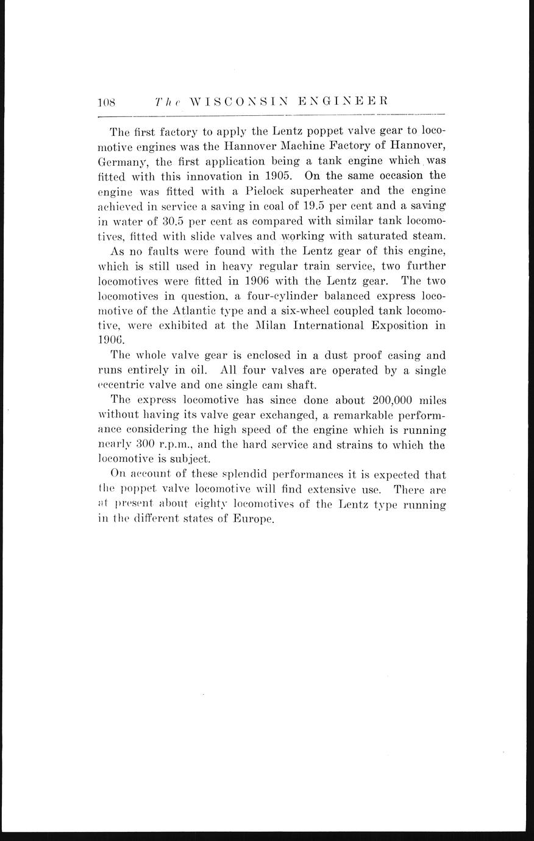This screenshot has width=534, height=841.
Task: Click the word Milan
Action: pos(261,325)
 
